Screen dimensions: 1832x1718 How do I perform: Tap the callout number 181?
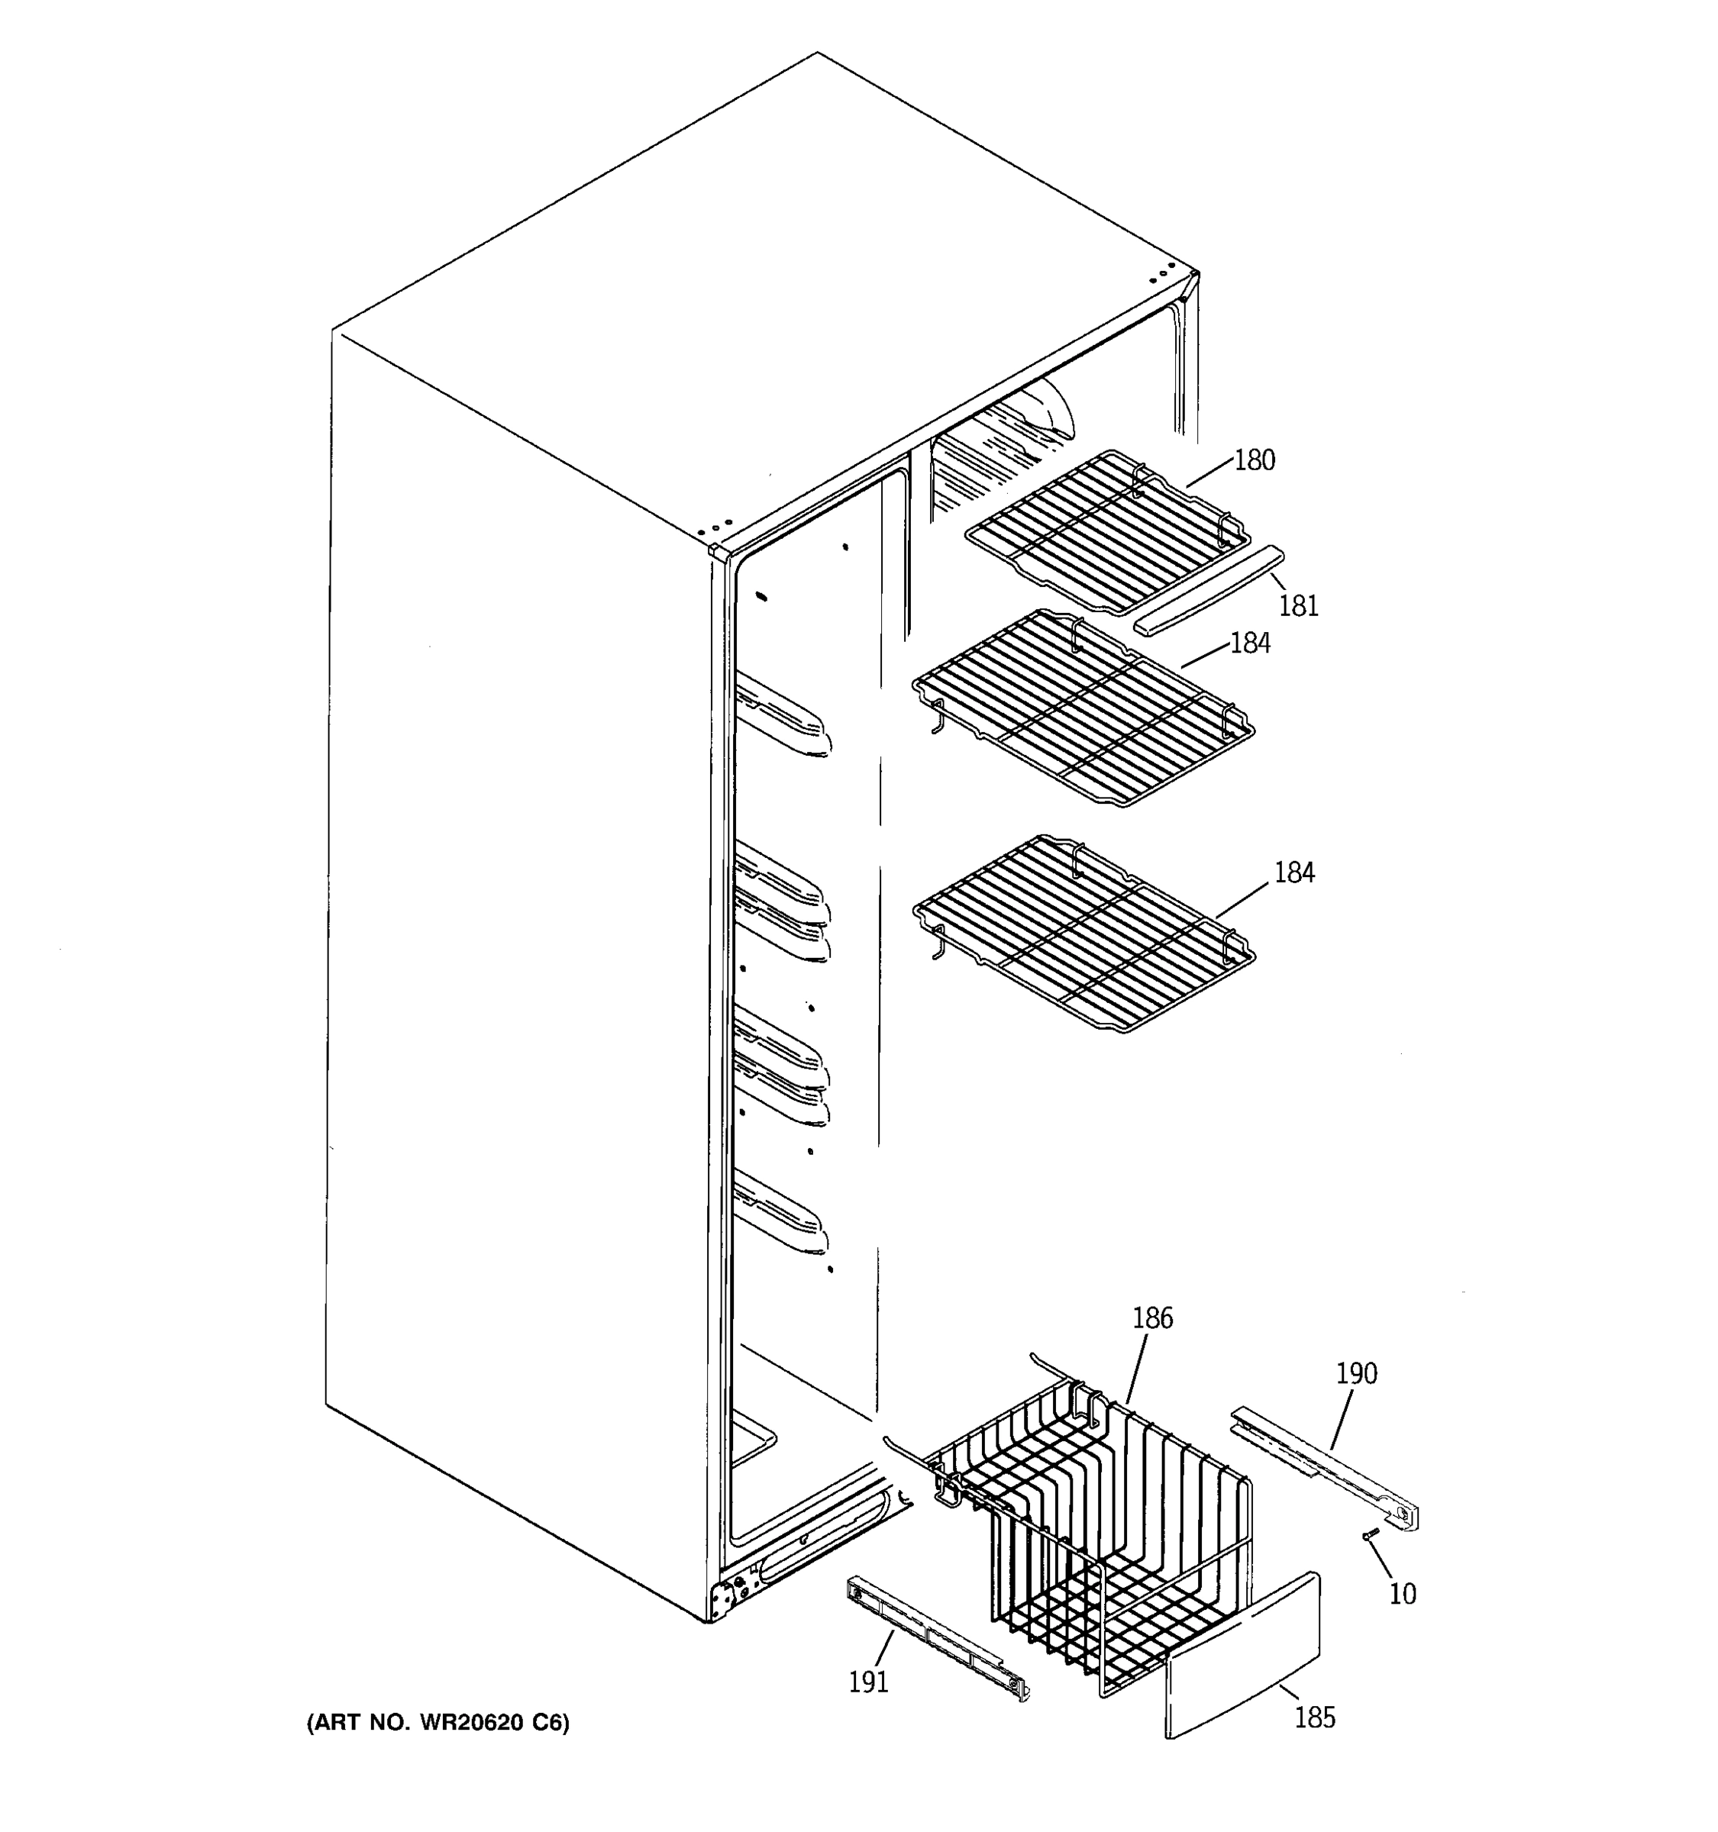click(x=1298, y=605)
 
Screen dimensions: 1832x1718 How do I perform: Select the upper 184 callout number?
click(x=1250, y=643)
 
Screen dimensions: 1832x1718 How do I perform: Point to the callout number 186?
click(x=1152, y=1319)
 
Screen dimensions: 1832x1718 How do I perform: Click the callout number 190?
click(x=1356, y=1374)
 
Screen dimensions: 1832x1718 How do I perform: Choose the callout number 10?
click(x=1402, y=1593)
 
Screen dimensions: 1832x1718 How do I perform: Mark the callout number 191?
click(x=867, y=1682)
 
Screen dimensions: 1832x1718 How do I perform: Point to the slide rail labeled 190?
click(x=1326, y=1472)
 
